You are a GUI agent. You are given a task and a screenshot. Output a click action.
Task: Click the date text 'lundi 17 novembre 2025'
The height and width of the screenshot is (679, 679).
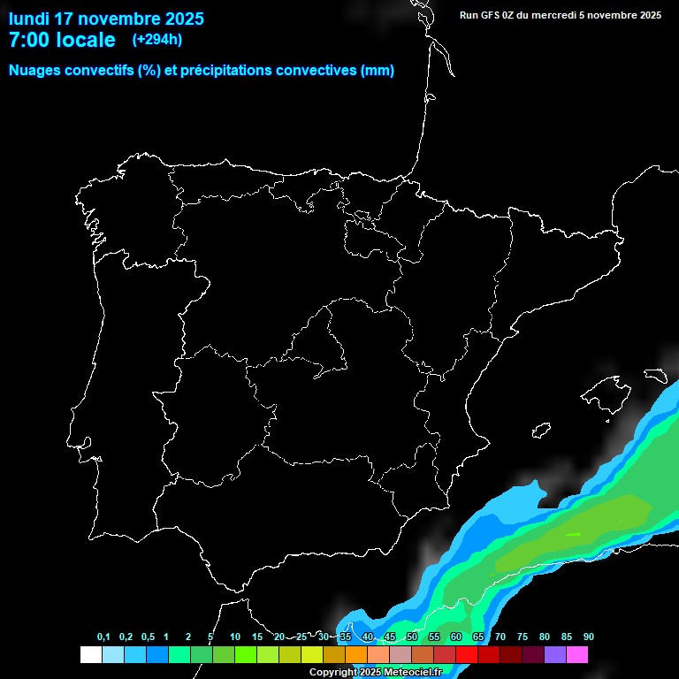pos(106,19)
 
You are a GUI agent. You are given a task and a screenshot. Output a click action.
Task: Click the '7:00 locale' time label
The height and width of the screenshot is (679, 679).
pos(62,40)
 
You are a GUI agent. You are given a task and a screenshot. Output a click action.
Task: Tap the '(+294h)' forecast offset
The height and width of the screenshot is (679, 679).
pos(156,40)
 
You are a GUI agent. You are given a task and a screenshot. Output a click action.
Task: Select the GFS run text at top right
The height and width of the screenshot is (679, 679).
pos(561,15)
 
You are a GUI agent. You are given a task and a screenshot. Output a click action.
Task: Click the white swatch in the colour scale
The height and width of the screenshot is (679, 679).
pos(90,654)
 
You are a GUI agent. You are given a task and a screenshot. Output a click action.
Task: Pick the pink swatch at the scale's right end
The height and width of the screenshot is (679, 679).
pos(577,654)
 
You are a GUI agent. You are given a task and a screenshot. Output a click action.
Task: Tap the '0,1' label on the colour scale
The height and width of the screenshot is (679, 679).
pos(103,637)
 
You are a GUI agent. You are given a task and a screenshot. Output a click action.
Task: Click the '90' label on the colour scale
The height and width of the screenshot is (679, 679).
pos(589,637)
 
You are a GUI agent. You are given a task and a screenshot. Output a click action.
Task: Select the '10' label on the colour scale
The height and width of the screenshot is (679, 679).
pos(234,637)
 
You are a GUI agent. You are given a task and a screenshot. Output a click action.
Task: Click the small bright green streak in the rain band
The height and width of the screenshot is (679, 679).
pos(573,534)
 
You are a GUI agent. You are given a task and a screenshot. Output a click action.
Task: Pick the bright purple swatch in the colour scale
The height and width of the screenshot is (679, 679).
pos(554,654)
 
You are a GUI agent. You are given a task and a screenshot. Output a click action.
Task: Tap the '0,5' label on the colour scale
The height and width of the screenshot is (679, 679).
pos(147,637)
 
